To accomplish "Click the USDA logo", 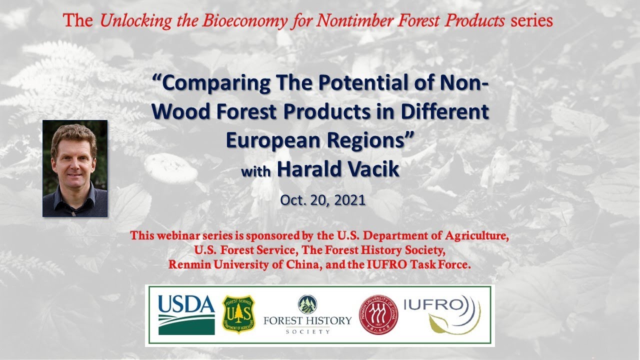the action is coord(186,315).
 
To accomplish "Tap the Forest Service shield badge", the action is coord(238,314).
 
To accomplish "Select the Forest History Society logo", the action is coord(307,314).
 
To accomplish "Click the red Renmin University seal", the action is coord(378,315).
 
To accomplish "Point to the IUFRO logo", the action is coord(442,314).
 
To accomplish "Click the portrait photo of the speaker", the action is coord(75,168).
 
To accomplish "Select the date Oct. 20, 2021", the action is coord(322,200).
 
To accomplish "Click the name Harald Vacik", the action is coord(338,169).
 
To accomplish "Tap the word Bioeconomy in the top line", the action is coord(244,21).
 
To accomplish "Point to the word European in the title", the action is coord(273,140).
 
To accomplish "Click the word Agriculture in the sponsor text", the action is coord(477,235).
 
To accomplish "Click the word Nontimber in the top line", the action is coord(354,20).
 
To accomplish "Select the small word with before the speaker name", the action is coord(255,171).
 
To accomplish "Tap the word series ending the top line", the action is coord(531,21).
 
